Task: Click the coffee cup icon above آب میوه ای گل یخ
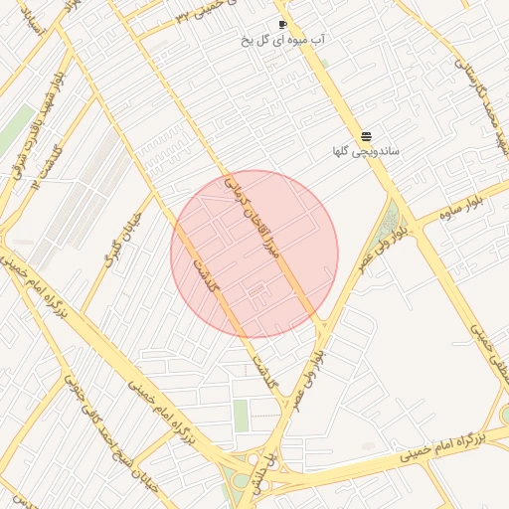[283, 24]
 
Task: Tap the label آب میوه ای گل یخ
[283, 41]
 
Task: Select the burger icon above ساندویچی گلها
[366, 135]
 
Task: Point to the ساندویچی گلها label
[366, 152]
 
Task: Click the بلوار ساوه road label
[448, 206]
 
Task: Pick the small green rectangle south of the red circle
[242, 415]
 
